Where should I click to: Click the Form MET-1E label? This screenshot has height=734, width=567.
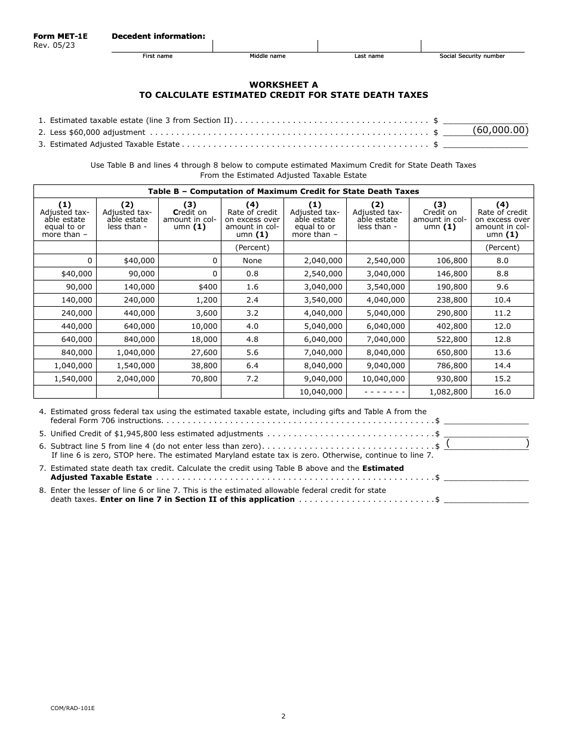click(60, 36)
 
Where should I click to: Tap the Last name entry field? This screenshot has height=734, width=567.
click(369, 45)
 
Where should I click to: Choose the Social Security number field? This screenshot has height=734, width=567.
click(472, 45)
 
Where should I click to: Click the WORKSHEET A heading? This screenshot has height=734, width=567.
click(283, 85)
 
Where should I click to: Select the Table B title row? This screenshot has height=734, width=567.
click(283, 192)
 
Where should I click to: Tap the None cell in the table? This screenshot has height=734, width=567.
click(252, 261)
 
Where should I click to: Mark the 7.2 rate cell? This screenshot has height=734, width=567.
click(252, 379)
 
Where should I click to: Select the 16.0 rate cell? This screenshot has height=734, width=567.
click(503, 392)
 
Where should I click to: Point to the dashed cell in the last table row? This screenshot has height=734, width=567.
click(377, 392)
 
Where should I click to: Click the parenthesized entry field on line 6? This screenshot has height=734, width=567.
click(487, 443)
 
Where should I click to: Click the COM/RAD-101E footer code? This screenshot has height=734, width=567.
click(72, 708)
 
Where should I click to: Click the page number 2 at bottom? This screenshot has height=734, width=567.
click(283, 717)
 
